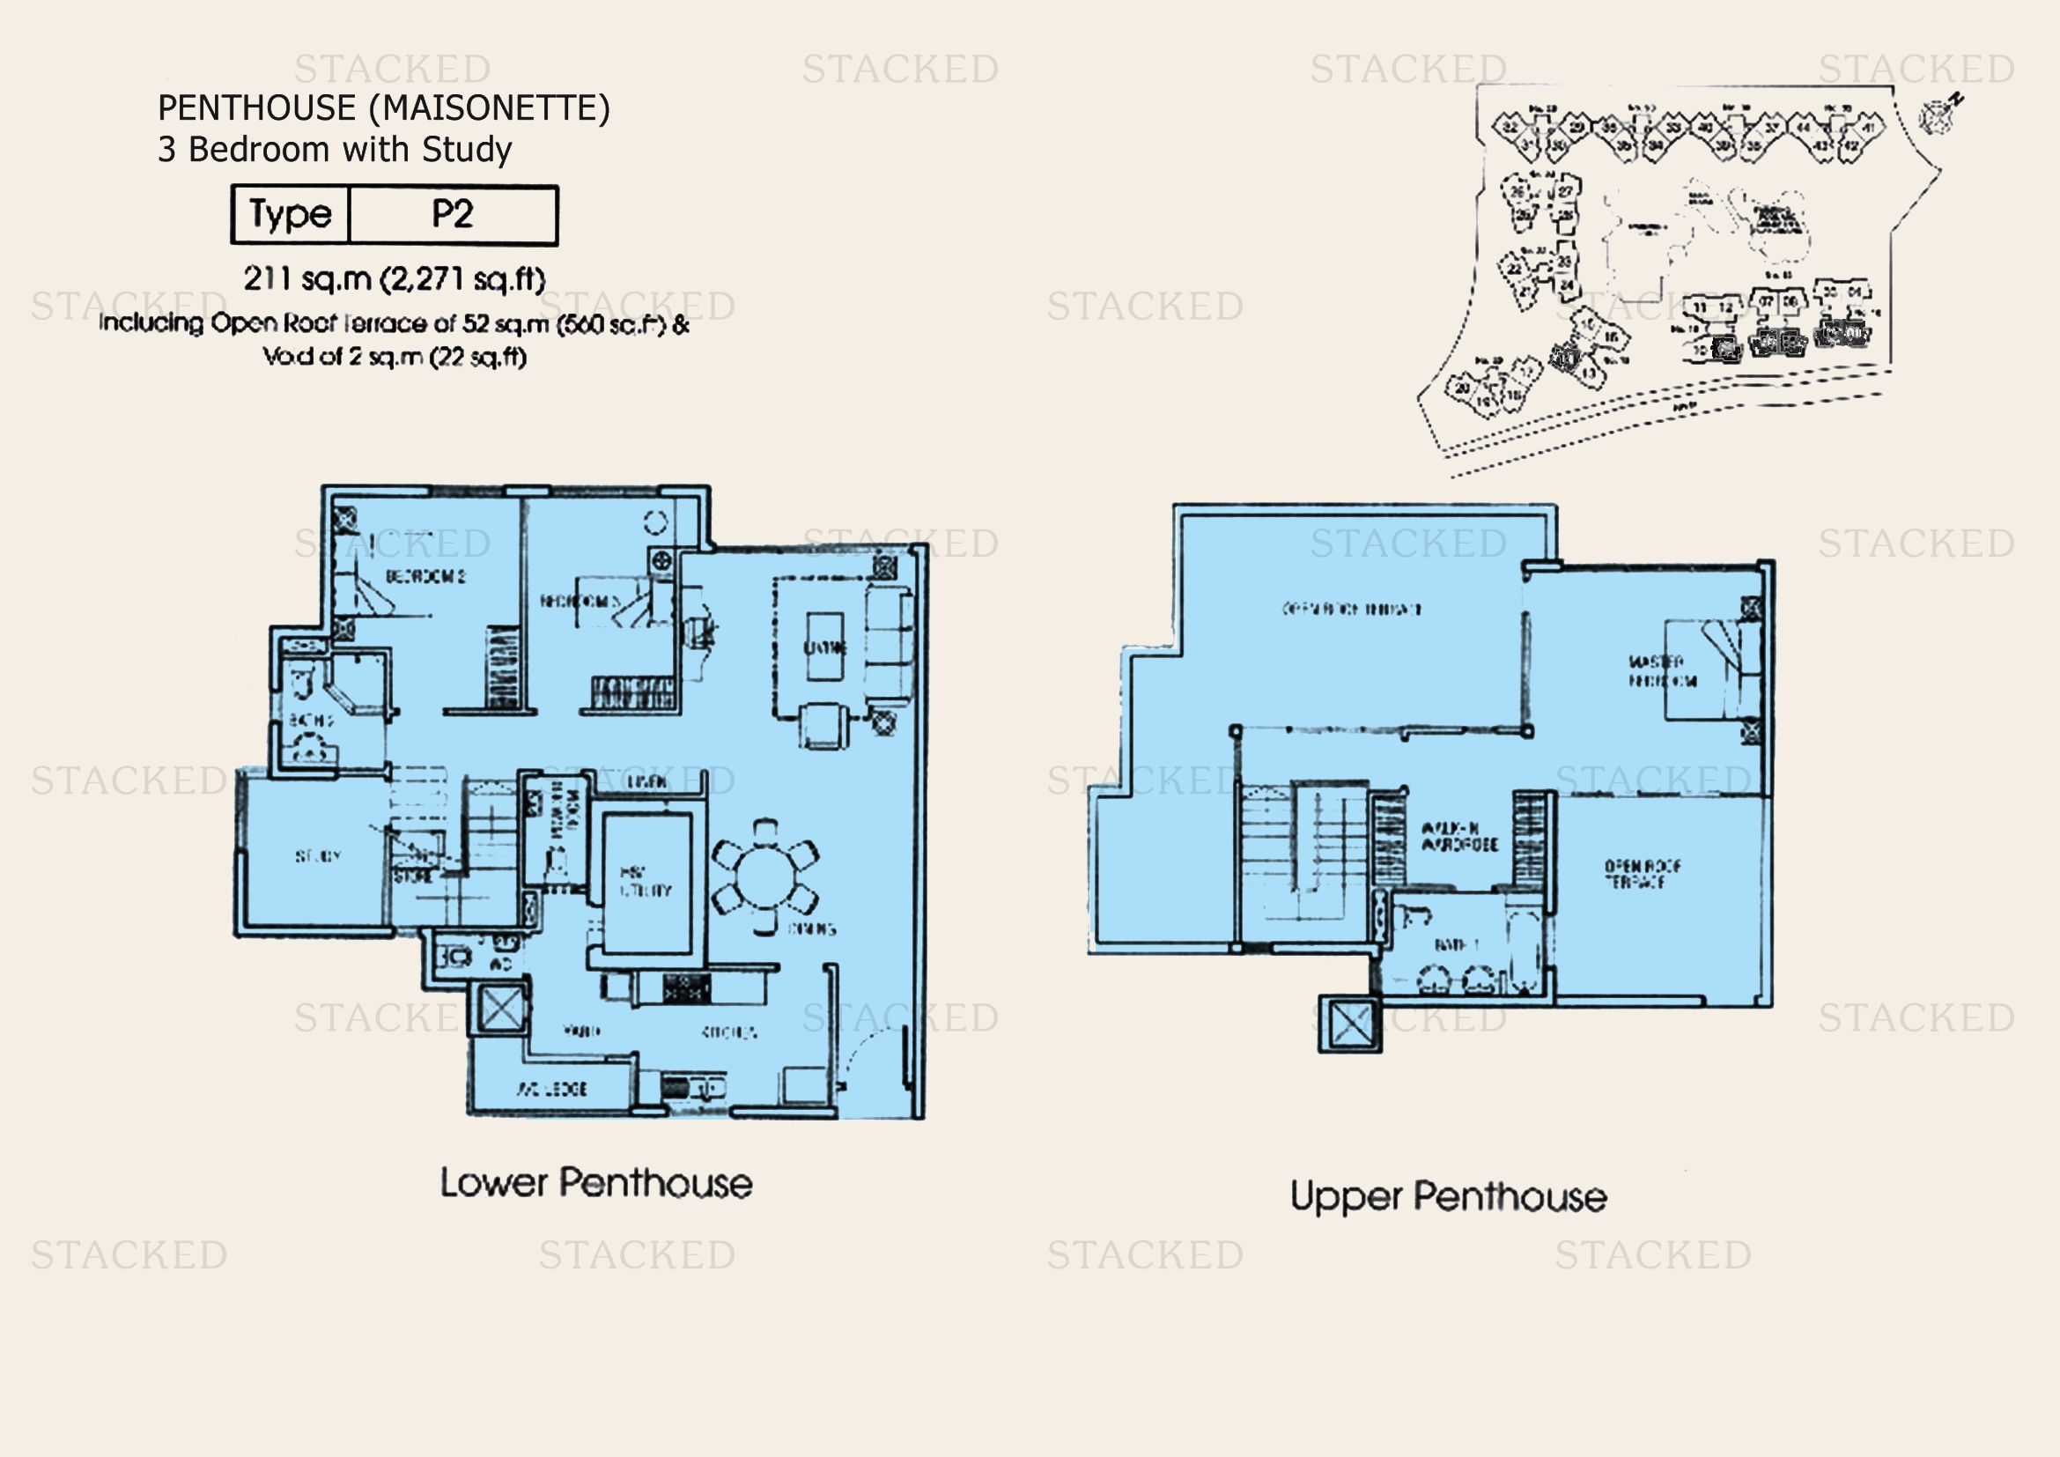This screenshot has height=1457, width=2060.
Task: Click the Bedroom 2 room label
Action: tap(425, 576)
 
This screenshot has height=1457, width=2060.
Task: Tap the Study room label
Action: tap(318, 856)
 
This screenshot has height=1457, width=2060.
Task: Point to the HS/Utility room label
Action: tap(645, 881)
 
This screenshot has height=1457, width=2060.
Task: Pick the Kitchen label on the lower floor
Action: tap(728, 1032)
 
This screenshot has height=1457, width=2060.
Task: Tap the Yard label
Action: tap(581, 1031)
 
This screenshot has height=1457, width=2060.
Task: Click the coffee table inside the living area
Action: tap(823, 647)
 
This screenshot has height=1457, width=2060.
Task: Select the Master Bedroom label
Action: tap(1662, 671)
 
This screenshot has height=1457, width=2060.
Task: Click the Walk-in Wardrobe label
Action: tap(1459, 836)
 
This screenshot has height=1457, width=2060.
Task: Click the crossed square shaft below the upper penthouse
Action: tap(1349, 1024)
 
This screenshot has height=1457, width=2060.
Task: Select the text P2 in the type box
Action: tap(452, 214)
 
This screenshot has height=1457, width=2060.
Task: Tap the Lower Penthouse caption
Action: tap(595, 1183)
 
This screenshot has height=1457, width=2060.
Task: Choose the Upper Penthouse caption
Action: tap(1448, 1197)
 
